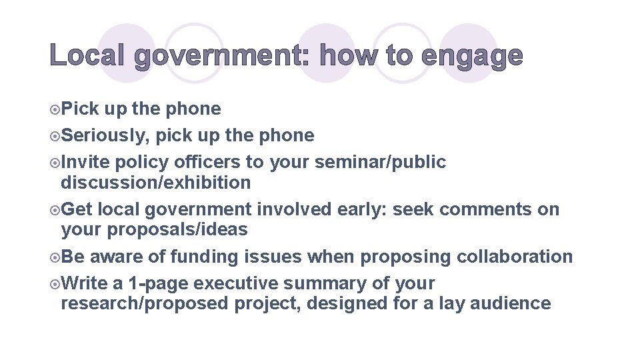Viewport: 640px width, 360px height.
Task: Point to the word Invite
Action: pyautogui.click(x=85, y=162)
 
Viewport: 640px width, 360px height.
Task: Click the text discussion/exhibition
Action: pyautogui.click(x=156, y=183)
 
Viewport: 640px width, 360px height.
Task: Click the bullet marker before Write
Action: pyautogui.click(x=55, y=284)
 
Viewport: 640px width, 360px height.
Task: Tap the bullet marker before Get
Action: pyautogui.click(x=55, y=210)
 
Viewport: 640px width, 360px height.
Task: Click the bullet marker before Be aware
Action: pyautogui.click(x=55, y=257)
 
